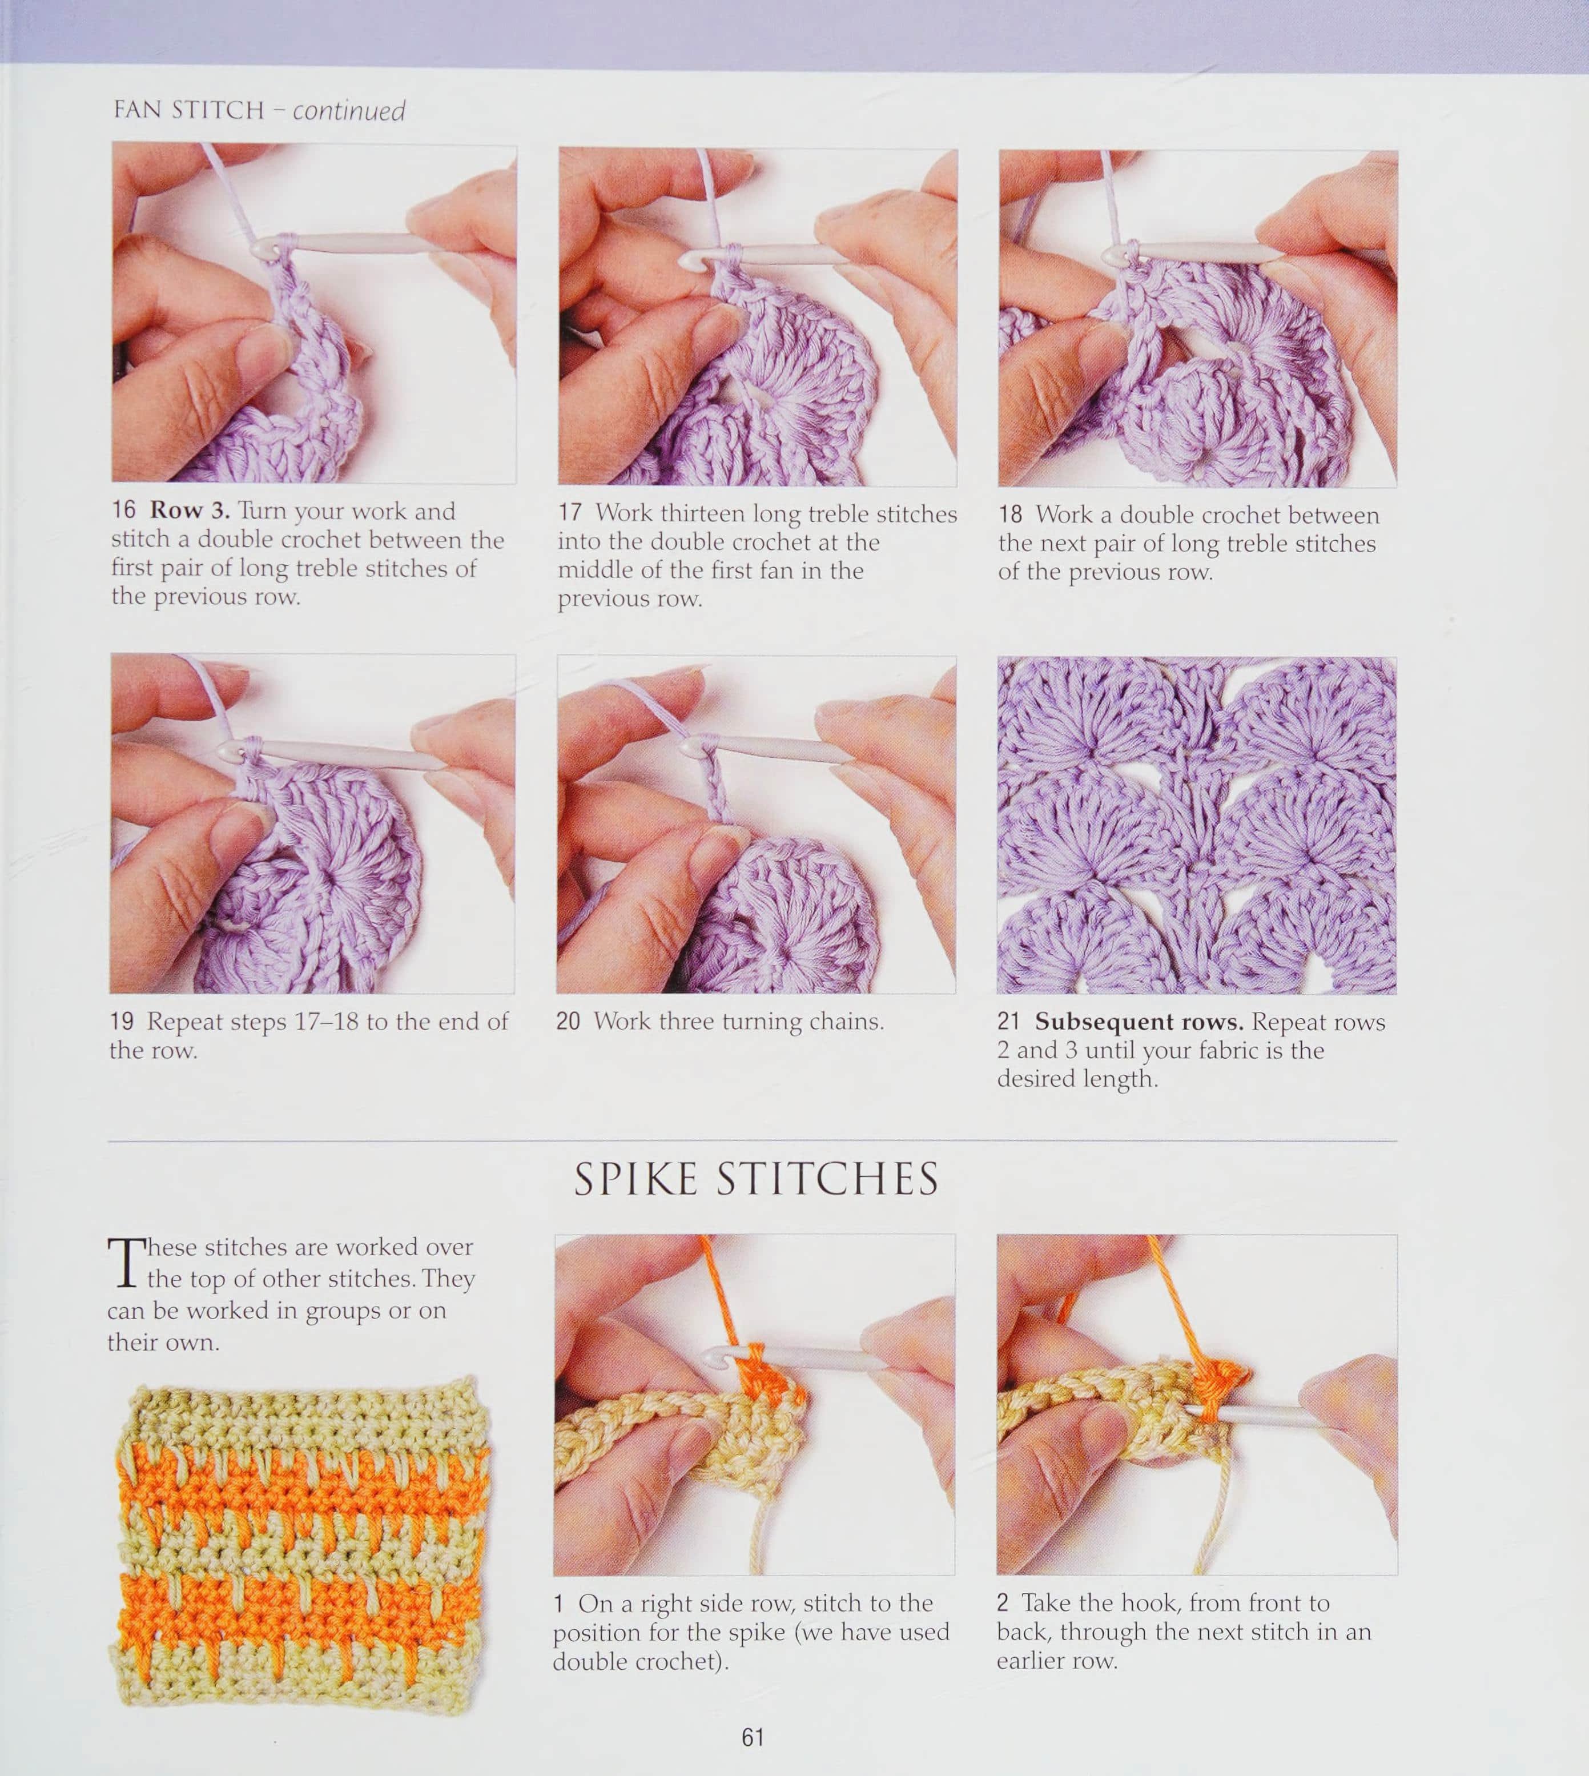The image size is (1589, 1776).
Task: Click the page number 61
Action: tap(753, 1737)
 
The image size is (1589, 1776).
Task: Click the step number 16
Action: tap(124, 510)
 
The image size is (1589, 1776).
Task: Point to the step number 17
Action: tap(570, 513)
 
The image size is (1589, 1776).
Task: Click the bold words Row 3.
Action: tap(190, 510)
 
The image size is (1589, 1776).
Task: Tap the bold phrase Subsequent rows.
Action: tap(1140, 1022)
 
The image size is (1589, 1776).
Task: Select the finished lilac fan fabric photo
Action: tap(1197, 825)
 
